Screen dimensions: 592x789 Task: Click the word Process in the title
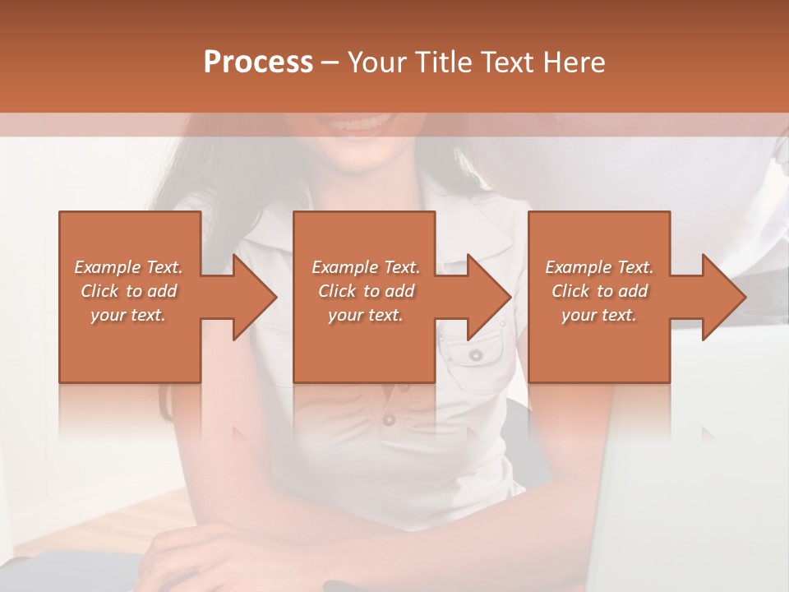click(258, 62)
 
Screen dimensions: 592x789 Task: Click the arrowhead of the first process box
click(253, 297)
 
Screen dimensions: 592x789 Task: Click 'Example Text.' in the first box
click(128, 267)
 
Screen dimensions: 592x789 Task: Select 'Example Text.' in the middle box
click(366, 267)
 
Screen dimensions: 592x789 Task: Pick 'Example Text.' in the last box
click(599, 267)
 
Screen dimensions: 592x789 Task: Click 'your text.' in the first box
click(128, 315)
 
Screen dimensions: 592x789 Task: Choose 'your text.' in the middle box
click(366, 315)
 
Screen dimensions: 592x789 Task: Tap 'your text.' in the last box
click(599, 315)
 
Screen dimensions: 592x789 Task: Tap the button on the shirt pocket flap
click(476, 355)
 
